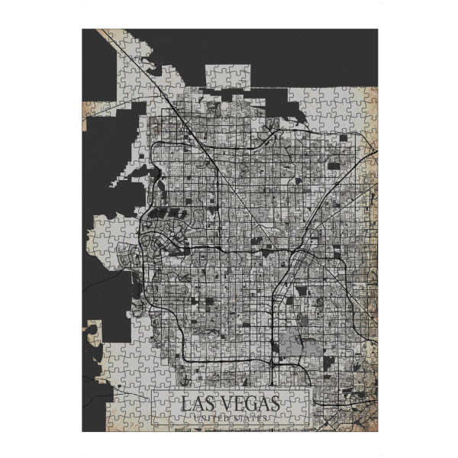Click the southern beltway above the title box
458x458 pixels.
pyautogui.click(x=229, y=359)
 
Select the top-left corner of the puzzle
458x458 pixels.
pyautogui.click(x=82, y=30)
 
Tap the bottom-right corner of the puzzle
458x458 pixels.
pyautogui.click(x=377, y=431)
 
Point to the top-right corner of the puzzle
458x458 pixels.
pyautogui.click(x=377, y=30)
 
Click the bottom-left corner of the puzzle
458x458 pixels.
pyautogui.click(x=82, y=431)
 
